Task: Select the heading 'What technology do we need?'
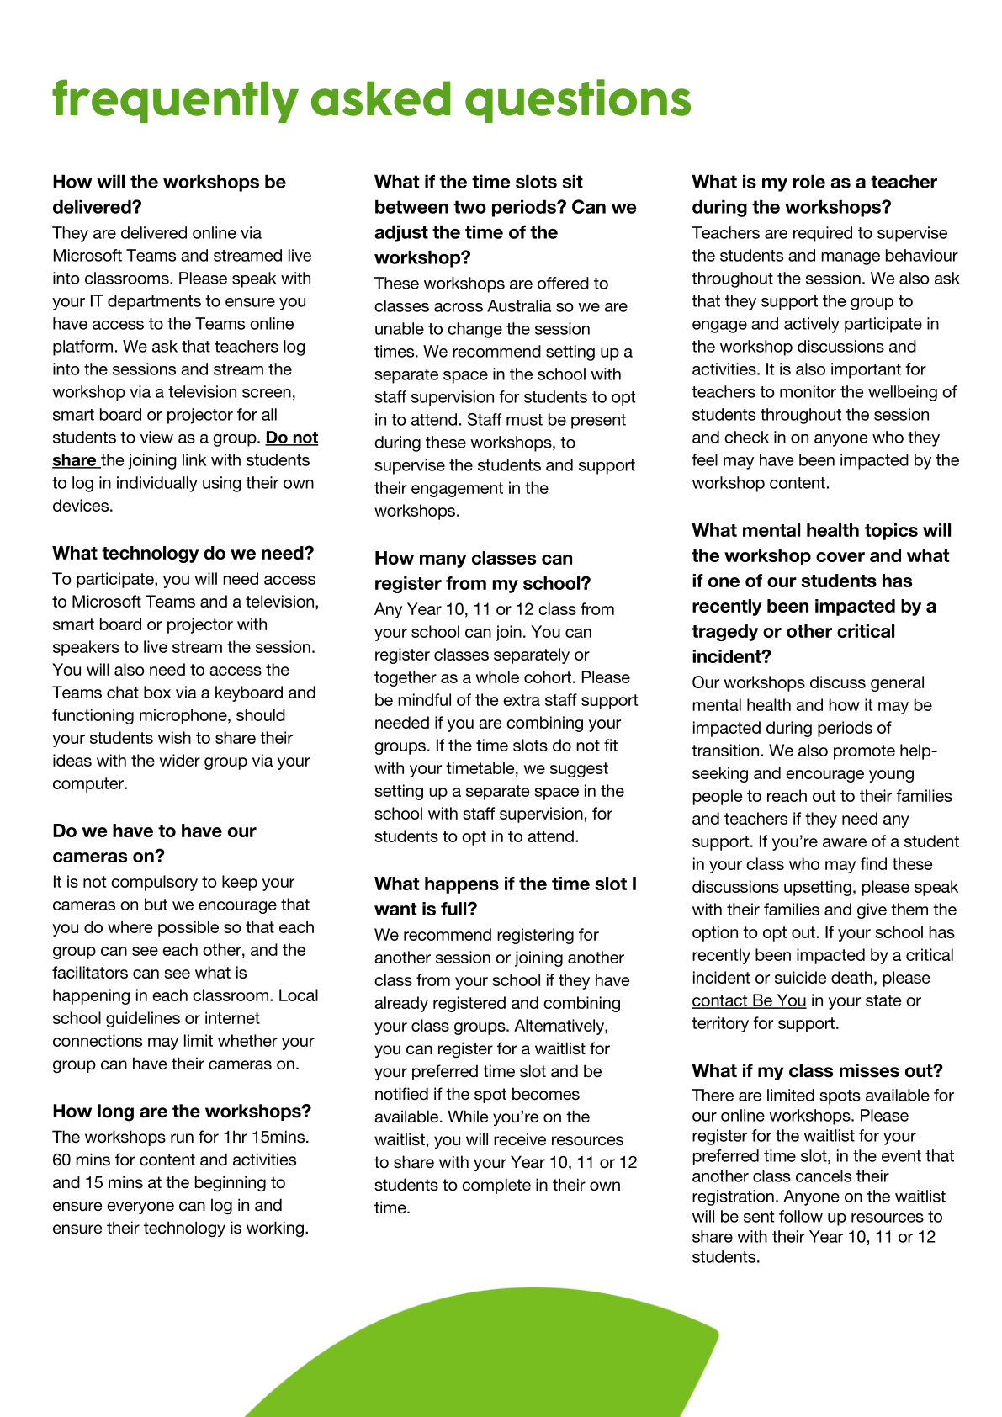point(183,553)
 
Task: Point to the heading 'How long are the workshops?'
point(182,1111)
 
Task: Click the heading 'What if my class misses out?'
point(817,1070)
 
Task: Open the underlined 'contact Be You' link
point(749,1000)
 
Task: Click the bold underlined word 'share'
point(74,460)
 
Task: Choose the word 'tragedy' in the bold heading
point(726,631)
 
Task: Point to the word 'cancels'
point(810,1176)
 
